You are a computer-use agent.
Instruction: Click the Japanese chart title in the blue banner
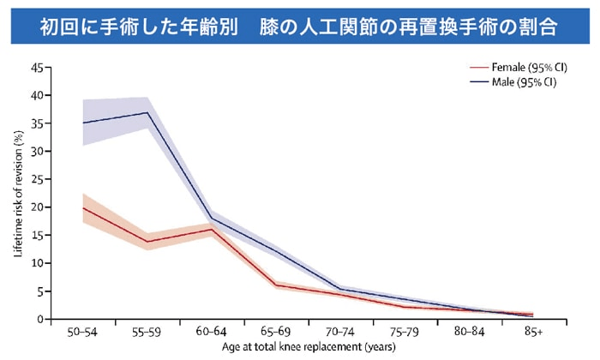300,26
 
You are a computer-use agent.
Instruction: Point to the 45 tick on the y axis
37,68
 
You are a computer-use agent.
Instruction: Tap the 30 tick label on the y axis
37,151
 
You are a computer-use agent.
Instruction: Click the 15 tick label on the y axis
37,235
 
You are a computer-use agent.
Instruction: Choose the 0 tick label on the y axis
39,319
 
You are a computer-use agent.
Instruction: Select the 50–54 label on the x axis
82,331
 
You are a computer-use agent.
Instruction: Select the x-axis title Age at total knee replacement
309,347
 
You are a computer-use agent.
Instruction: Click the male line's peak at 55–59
147,112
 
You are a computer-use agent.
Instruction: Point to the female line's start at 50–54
83,207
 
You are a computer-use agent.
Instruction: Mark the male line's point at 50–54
83,123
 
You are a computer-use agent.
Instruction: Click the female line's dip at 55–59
147,241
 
